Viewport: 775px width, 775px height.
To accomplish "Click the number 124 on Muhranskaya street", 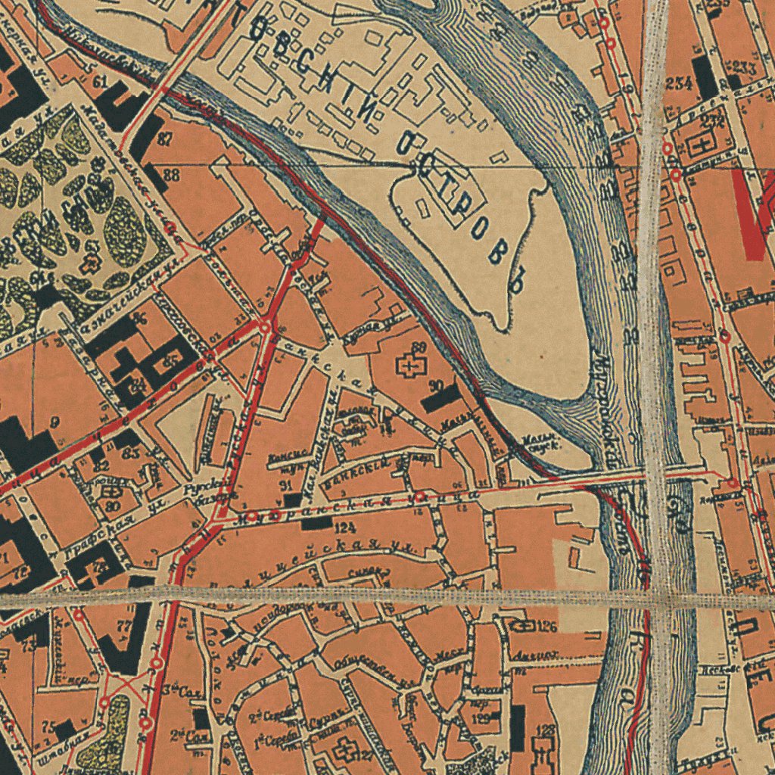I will click(x=344, y=527).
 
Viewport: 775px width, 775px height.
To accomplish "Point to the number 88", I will click(x=171, y=176).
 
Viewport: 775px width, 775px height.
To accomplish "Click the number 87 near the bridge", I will click(x=164, y=139).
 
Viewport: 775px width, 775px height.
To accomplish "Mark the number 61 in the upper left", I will click(x=100, y=82).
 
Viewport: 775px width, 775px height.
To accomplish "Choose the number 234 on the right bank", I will click(x=679, y=83).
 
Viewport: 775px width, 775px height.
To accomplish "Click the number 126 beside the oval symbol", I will click(x=547, y=626).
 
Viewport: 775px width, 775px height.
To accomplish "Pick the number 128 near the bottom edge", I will click(x=545, y=730).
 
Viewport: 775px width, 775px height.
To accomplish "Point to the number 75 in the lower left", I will click(x=48, y=725).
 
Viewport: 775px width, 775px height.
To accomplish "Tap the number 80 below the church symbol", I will click(x=113, y=506).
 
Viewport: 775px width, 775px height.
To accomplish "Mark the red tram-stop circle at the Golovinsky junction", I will click(x=266, y=326).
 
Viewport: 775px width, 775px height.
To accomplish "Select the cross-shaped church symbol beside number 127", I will click(x=344, y=750).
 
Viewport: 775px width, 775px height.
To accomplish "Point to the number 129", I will click(x=480, y=718).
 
